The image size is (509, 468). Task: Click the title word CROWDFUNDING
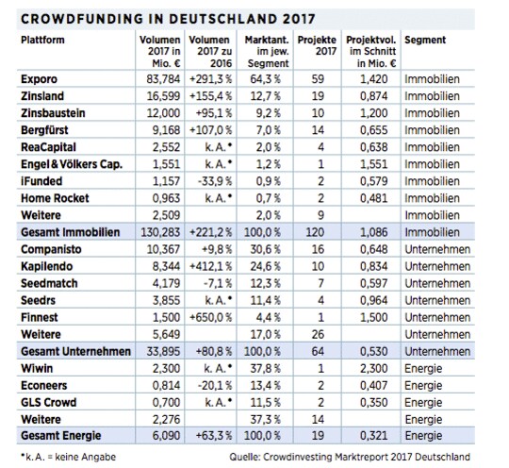pyautogui.click(x=81, y=19)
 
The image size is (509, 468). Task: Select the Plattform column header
pyautogui.click(x=42, y=40)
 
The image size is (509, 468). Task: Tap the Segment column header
pyautogui.click(x=425, y=40)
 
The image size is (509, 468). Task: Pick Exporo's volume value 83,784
pyautogui.click(x=163, y=79)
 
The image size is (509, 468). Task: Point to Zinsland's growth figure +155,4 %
pyautogui.click(x=211, y=96)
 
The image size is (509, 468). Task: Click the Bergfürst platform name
pyautogui.click(x=44, y=130)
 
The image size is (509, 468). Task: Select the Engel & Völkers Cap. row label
pyautogui.click(x=72, y=164)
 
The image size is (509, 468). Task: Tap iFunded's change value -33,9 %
pyautogui.click(x=215, y=181)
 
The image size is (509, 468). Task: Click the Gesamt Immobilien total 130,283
pyautogui.click(x=160, y=232)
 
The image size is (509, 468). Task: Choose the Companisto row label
pyautogui.click(x=51, y=249)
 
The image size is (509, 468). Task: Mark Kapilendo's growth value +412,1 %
pyautogui.click(x=211, y=266)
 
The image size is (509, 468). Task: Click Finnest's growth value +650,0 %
pyautogui.click(x=211, y=318)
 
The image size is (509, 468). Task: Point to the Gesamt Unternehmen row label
pyautogui.click(x=75, y=351)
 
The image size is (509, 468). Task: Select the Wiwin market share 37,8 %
pyautogui.click(x=265, y=369)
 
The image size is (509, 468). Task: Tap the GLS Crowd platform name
pyautogui.click(x=49, y=403)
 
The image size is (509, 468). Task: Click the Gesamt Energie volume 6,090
pyautogui.click(x=166, y=436)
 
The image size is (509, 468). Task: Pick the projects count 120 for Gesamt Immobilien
pyautogui.click(x=315, y=232)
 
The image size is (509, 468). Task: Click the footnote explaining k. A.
pyautogui.click(x=68, y=457)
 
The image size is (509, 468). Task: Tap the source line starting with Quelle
pyautogui.click(x=350, y=457)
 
